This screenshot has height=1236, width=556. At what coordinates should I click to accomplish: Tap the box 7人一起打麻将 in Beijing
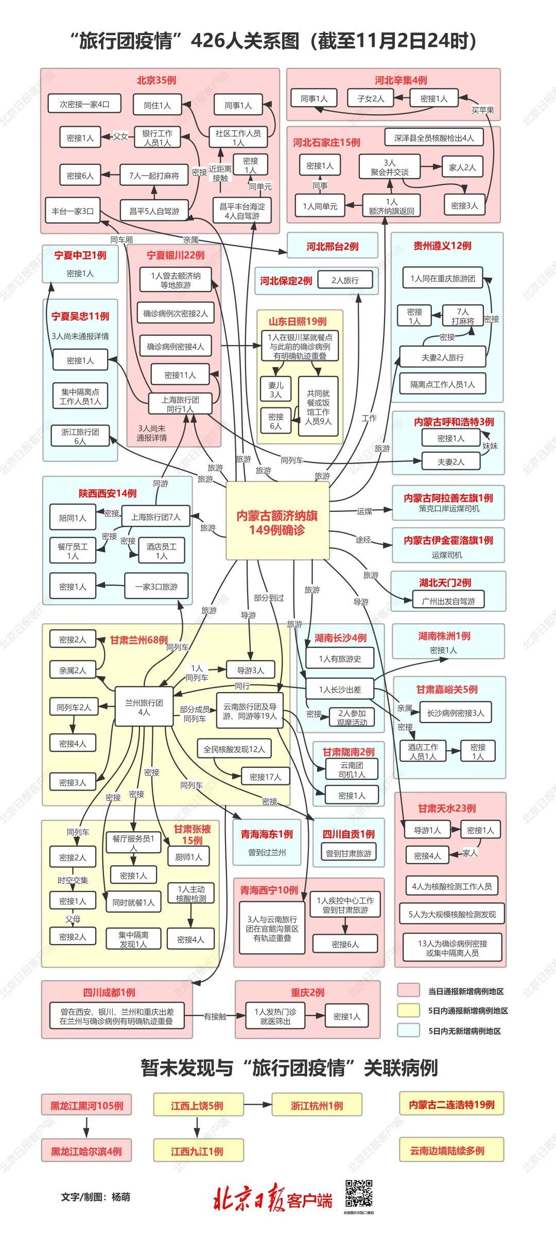(154, 176)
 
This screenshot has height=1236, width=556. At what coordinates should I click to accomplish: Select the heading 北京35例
(157, 80)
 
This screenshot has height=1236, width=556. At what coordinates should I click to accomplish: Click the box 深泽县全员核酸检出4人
(434, 138)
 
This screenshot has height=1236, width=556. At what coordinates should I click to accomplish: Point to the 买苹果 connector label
(482, 110)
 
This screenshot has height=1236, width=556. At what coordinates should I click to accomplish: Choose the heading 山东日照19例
(298, 321)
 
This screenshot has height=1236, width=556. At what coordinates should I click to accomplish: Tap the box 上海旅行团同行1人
(180, 404)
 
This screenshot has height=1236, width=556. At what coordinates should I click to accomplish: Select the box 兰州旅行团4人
(144, 707)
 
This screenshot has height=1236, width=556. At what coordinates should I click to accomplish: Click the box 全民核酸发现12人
(234, 749)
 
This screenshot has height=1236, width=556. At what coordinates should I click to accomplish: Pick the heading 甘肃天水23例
(447, 809)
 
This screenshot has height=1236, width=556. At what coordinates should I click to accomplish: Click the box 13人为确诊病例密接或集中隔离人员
(453, 948)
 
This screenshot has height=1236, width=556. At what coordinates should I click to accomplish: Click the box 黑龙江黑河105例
(86, 1105)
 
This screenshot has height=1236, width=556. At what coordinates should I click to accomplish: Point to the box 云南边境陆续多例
(451, 1151)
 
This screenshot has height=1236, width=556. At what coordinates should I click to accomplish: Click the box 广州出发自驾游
(448, 600)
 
